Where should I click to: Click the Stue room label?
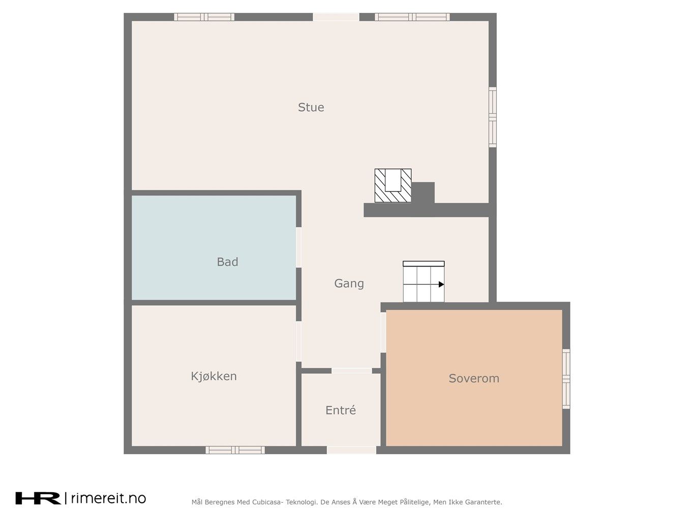tap(311, 107)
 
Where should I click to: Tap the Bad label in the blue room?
tap(227, 262)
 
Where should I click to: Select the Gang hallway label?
tap(349, 283)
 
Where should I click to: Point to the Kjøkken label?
tap(214, 376)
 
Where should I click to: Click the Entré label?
tap(341, 410)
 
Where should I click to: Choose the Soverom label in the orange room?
tap(474, 378)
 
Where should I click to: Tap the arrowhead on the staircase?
tap(441, 284)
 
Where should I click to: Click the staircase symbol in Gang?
tap(424, 281)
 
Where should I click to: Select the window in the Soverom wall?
tap(566, 379)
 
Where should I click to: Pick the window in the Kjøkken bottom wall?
tap(235, 450)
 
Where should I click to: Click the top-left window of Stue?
tap(204, 17)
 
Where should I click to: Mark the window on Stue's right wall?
tap(493, 117)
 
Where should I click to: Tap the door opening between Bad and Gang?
tap(298, 247)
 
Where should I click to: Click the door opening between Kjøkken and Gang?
tap(298, 341)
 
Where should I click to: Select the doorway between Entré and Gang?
tap(352, 371)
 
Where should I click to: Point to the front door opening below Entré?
tap(352, 450)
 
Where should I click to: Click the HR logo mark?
tap(38, 498)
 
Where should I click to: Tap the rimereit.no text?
tap(108, 498)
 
